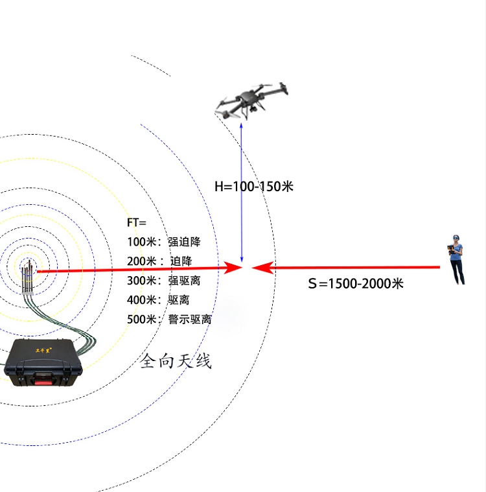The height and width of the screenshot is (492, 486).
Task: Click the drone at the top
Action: point(250,100)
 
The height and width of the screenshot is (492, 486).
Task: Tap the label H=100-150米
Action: point(254,187)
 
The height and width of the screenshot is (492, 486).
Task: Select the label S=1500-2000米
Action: point(356,283)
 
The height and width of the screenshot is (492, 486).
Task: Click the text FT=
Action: point(137,222)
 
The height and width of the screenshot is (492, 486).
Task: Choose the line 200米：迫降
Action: point(159,261)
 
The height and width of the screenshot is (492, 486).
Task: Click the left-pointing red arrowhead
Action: point(260,266)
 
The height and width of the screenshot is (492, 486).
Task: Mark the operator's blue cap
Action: point(458,238)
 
